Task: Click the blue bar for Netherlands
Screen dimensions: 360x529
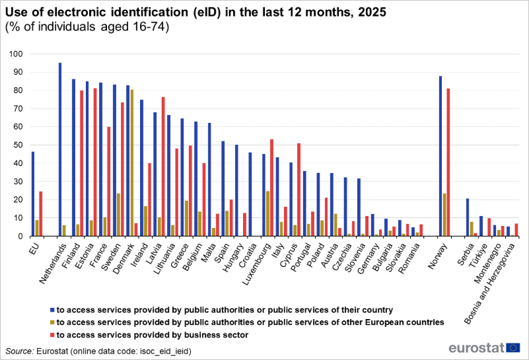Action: pyautogui.click(x=60, y=149)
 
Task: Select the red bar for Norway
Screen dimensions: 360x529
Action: pyautogui.click(x=448, y=162)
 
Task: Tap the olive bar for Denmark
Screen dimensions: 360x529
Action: pyautogui.click(x=132, y=162)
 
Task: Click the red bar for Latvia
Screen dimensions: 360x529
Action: pyautogui.click(x=163, y=166)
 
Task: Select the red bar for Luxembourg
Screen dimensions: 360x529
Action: pyautogui.click(x=271, y=188)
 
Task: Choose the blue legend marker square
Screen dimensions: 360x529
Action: pyautogui.click(x=51, y=309)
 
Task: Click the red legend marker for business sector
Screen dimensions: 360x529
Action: pyautogui.click(x=51, y=335)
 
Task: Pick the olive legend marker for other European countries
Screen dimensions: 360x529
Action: pyautogui.click(x=51, y=322)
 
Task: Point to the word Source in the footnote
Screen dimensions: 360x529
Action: pyautogui.click(x=20, y=350)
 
